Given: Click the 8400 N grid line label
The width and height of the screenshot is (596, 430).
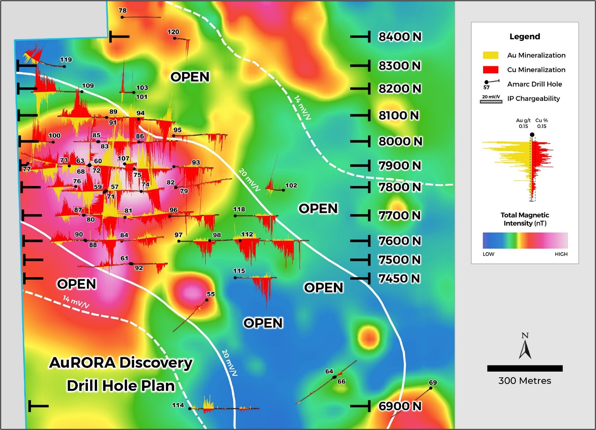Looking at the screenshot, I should pos(400,36).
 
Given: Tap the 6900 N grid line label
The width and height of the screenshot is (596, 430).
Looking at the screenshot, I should pos(400,406).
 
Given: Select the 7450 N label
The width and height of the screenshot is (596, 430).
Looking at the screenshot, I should pos(399,278).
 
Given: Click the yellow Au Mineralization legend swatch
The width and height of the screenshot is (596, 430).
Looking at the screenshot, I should pos(490,55).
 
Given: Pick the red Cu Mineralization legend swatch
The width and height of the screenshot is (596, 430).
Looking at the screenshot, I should pos(490,70).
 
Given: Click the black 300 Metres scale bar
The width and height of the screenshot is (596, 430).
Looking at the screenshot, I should pos(525,368).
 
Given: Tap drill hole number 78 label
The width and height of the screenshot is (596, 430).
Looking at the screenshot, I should pos(123,10).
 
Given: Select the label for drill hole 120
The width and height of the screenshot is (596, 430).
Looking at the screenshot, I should pos(173,32).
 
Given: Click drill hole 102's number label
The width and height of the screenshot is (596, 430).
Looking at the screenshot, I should pos(291,185).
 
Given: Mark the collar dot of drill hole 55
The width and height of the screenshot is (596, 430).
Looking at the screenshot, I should pos(207,300).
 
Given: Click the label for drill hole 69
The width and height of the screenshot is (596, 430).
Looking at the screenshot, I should pos(433,382).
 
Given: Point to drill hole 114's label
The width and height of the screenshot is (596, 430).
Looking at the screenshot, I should pos(178,405).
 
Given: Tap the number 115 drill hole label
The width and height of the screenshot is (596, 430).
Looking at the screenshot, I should pos(239,271).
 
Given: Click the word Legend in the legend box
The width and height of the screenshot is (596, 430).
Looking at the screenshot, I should pos(525,36).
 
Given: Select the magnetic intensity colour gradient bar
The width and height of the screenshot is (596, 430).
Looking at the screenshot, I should pos(525,240).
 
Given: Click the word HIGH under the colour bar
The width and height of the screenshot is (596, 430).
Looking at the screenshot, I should pos(561,254).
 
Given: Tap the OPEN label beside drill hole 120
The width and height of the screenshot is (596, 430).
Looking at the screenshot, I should pos(190,77).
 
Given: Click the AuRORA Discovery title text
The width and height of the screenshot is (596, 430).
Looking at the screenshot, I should pos(121,363).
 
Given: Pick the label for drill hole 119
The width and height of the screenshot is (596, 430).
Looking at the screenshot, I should pos(66,60).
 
